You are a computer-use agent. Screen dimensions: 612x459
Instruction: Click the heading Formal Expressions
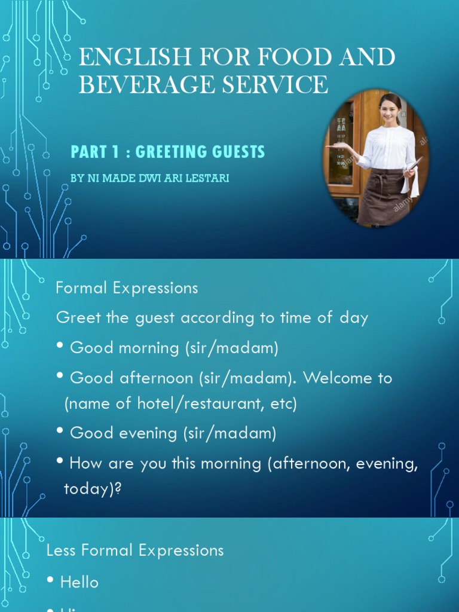click(127, 288)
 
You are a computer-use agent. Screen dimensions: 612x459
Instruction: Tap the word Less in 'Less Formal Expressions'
click(61, 550)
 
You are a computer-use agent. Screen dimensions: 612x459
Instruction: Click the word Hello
click(79, 582)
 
